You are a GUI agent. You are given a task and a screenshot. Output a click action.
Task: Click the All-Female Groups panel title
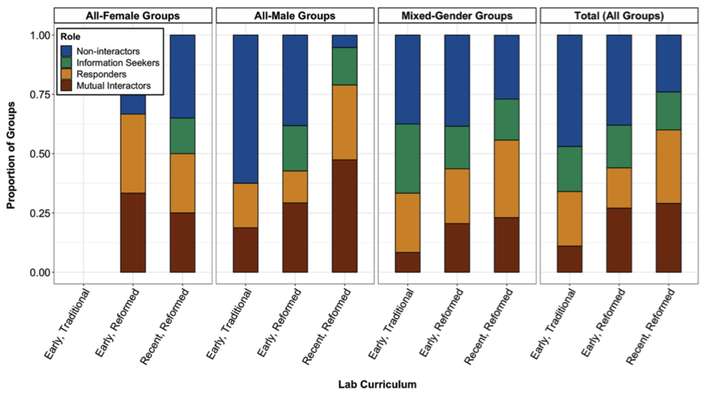133,16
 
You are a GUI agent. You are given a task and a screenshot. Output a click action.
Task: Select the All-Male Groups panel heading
295,16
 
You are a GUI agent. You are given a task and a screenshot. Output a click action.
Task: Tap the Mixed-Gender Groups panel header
457,16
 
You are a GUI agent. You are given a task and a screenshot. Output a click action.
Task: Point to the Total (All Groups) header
620,16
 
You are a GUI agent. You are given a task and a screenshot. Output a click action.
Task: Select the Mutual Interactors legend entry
109,86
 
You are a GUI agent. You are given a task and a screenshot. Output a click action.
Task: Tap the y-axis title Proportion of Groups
11,154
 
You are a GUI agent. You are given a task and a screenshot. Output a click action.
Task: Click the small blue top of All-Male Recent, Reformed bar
345,41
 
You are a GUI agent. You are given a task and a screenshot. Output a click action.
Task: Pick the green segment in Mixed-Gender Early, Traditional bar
408,159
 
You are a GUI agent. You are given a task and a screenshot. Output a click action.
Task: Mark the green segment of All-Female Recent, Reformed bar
182,136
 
